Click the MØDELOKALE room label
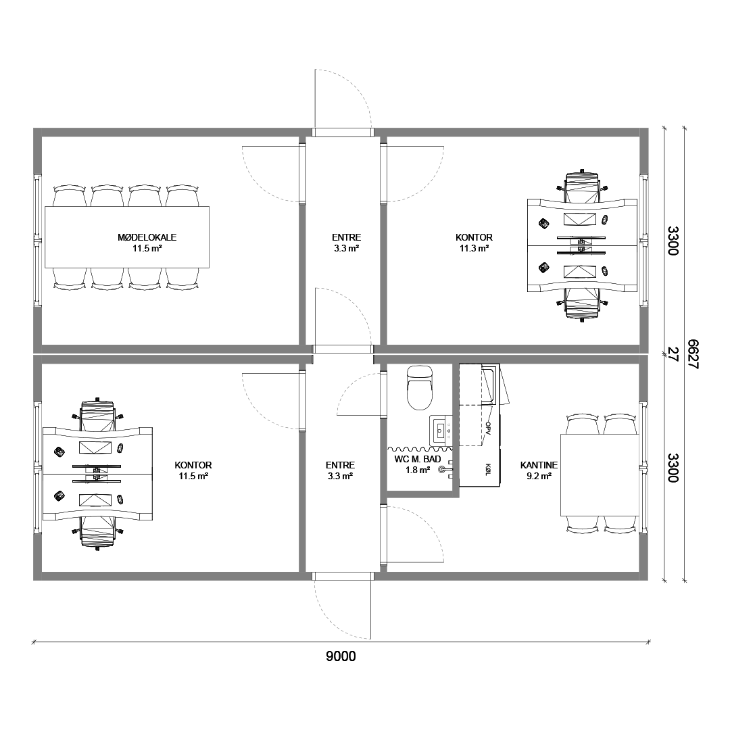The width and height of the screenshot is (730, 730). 147,237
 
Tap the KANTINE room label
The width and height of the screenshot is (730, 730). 539,465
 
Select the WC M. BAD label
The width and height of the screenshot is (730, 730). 417,460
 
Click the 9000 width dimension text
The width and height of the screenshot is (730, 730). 341,656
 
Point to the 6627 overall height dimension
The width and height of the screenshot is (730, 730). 693,354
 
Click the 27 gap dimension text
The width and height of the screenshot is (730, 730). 673,354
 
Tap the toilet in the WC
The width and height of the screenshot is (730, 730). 420,387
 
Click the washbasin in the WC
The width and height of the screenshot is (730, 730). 441,429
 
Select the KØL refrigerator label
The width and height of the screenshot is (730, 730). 487,469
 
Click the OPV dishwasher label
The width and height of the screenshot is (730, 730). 487,429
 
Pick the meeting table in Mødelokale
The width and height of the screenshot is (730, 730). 126,237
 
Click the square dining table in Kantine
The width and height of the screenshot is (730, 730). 599,475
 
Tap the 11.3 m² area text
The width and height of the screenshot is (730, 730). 474,249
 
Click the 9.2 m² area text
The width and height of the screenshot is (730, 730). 539,477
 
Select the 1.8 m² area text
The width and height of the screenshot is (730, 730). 417,470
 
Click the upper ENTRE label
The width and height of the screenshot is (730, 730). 346,237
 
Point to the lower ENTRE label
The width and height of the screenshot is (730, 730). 340,465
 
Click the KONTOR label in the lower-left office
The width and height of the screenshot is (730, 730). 193,465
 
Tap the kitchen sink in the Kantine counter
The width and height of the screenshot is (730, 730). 490,385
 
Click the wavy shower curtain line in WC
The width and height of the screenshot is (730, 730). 420,449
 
